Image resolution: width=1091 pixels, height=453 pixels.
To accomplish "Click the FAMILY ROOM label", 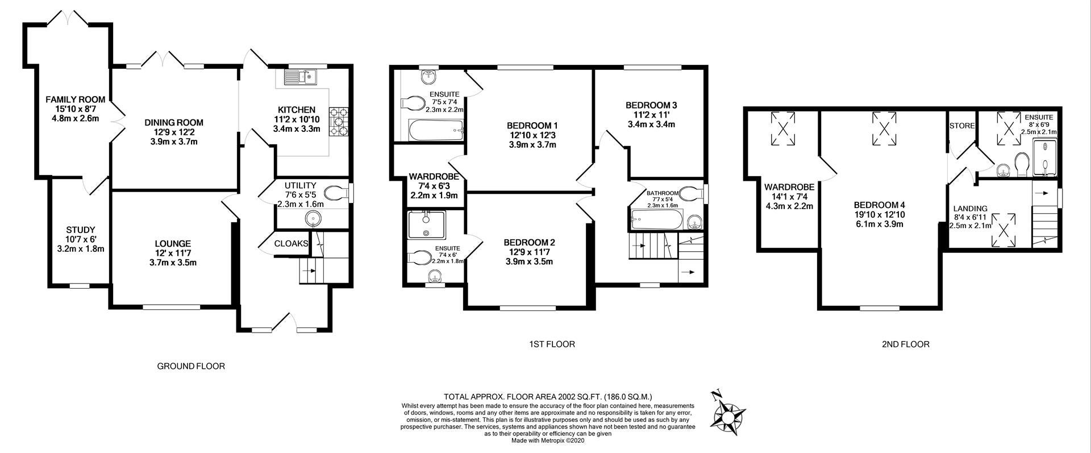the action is [x=76, y=100].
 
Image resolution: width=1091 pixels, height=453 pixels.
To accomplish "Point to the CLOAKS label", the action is [x=292, y=243].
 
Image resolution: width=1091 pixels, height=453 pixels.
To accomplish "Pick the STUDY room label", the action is [x=81, y=230].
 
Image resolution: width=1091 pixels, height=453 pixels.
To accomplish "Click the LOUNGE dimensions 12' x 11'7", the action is [x=173, y=253].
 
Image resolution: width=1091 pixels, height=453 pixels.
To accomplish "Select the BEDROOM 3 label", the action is [x=651, y=105].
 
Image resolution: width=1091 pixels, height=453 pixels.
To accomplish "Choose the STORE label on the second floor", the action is [x=962, y=126].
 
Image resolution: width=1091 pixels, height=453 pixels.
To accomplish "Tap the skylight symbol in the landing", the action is [x=1004, y=230].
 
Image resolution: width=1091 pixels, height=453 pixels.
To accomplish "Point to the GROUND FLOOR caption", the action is [x=191, y=367].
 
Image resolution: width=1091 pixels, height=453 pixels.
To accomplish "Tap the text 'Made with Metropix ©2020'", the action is [x=548, y=440].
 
